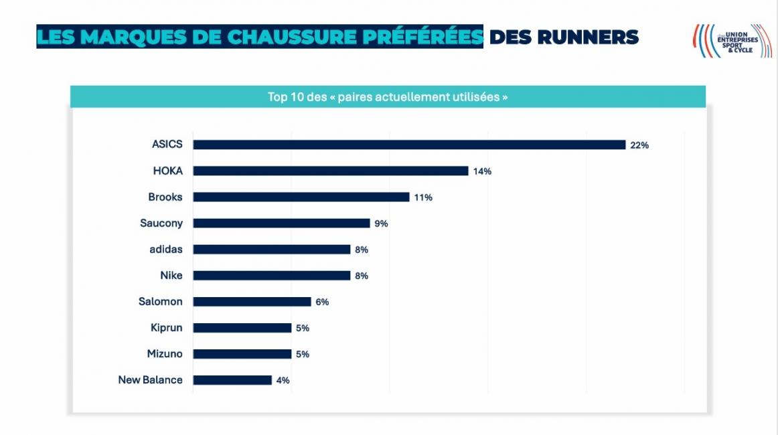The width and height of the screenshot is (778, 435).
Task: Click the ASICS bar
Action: point(409,145)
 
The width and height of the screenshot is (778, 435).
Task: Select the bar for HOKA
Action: point(331,171)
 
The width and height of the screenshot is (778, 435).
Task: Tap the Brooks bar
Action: point(301,197)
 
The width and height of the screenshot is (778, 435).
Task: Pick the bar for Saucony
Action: point(281,223)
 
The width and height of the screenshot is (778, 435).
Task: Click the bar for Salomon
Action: point(252,302)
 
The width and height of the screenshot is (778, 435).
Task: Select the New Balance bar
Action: point(232,380)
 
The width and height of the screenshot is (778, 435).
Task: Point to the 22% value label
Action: point(639,145)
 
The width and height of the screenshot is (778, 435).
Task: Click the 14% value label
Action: point(482,171)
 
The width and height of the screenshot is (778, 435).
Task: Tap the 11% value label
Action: point(423,197)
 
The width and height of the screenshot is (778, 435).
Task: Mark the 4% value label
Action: point(283,380)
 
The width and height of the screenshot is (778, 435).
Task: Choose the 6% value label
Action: point(322,302)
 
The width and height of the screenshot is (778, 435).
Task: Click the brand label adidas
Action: point(165,249)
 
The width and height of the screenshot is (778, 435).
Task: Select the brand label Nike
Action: point(171,275)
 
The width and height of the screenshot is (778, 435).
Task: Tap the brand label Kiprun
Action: point(166,328)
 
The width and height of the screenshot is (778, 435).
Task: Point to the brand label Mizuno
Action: point(165,354)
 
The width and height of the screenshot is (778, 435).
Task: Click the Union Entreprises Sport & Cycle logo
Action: point(732,41)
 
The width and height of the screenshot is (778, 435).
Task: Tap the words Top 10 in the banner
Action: point(287,97)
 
